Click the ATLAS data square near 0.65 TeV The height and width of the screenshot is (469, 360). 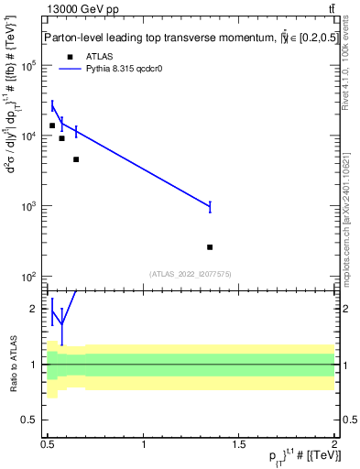click(x=76, y=159)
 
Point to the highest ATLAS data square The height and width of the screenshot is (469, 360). click(x=52, y=125)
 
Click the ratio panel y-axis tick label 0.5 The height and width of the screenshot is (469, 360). click(x=32, y=420)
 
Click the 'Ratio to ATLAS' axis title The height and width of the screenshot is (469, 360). click(x=12, y=365)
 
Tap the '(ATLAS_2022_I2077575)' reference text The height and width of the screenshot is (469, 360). click(x=190, y=274)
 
